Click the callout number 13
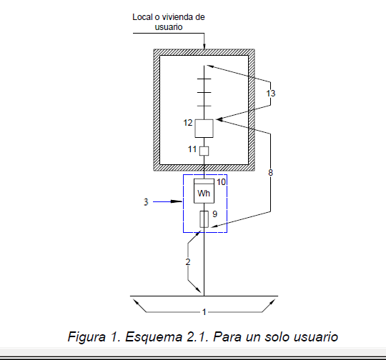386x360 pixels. point(271,94)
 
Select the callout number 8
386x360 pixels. point(270,173)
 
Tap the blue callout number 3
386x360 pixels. point(146,201)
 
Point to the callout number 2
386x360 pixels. point(188,262)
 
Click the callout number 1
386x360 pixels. point(204,312)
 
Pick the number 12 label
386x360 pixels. point(188,123)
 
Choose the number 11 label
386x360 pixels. point(192,149)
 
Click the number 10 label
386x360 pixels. point(221,182)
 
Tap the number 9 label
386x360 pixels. point(215,214)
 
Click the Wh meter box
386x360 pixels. point(204,191)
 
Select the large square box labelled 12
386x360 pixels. point(204,129)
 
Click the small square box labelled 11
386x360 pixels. point(204,151)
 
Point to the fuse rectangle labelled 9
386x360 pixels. point(204,219)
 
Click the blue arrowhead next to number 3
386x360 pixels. point(177,201)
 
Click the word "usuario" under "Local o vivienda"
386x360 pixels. point(169,27)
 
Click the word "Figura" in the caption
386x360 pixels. point(86,336)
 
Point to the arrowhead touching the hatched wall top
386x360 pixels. point(204,46)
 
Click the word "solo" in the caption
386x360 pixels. point(277,336)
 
